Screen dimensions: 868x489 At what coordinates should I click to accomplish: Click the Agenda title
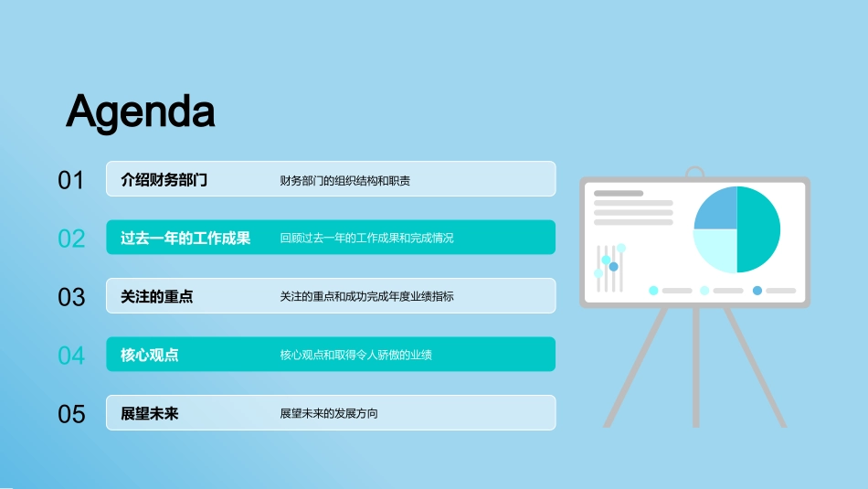(x=141, y=112)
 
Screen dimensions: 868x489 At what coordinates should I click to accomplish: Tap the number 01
(x=71, y=181)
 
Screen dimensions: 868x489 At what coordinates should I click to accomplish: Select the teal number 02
(x=71, y=239)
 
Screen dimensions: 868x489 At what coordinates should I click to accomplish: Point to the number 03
(x=71, y=297)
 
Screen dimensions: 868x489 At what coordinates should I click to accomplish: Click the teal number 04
(x=71, y=356)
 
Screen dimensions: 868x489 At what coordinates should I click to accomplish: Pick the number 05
(x=71, y=414)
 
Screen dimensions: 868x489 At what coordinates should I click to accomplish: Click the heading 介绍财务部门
(x=164, y=180)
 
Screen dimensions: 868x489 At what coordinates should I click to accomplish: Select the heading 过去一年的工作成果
(x=185, y=239)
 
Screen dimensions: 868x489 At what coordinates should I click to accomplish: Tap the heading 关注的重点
(x=156, y=297)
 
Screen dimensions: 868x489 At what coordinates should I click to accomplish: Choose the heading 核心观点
(x=150, y=355)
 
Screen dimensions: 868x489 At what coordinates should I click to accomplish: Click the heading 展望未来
(x=150, y=414)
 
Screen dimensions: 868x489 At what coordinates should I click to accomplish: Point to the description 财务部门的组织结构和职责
(x=344, y=181)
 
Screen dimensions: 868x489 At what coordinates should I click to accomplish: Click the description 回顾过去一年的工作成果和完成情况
(x=366, y=239)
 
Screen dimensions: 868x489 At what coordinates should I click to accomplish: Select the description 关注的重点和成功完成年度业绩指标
(x=366, y=297)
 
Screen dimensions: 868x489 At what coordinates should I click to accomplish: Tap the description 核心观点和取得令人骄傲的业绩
(x=356, y=355)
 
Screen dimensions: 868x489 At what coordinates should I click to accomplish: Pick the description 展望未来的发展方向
(x=329, y=414)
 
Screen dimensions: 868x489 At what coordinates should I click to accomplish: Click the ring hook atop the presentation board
(x=694, y=167)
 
